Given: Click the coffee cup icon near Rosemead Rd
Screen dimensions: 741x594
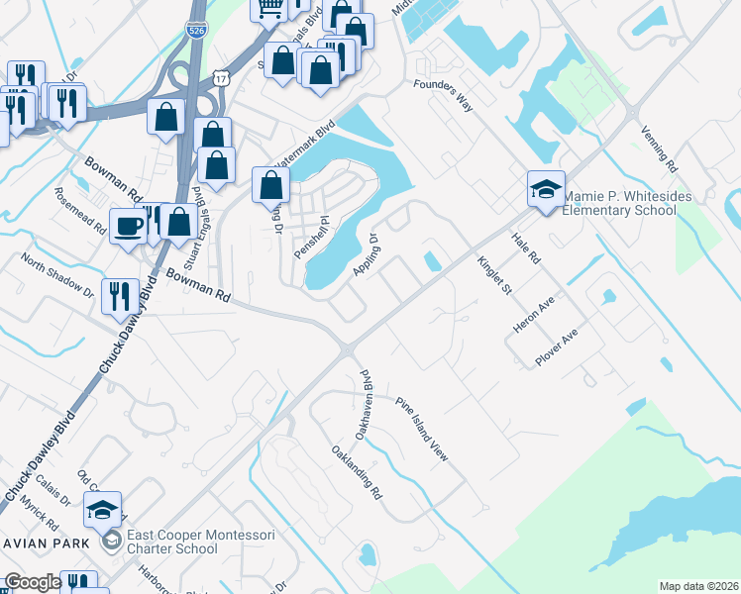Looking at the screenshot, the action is coord(127,226).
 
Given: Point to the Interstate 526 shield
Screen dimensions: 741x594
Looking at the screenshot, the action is coord(196,30).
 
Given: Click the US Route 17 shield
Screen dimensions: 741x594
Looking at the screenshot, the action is coord(219,76).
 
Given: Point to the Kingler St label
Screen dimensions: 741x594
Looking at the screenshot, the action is coord(492,275).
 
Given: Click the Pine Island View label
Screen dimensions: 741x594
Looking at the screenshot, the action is coord(422,430).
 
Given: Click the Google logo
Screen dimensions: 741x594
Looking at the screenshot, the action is coord(32,582).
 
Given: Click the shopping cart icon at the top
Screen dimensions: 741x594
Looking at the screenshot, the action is coord(269,8).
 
